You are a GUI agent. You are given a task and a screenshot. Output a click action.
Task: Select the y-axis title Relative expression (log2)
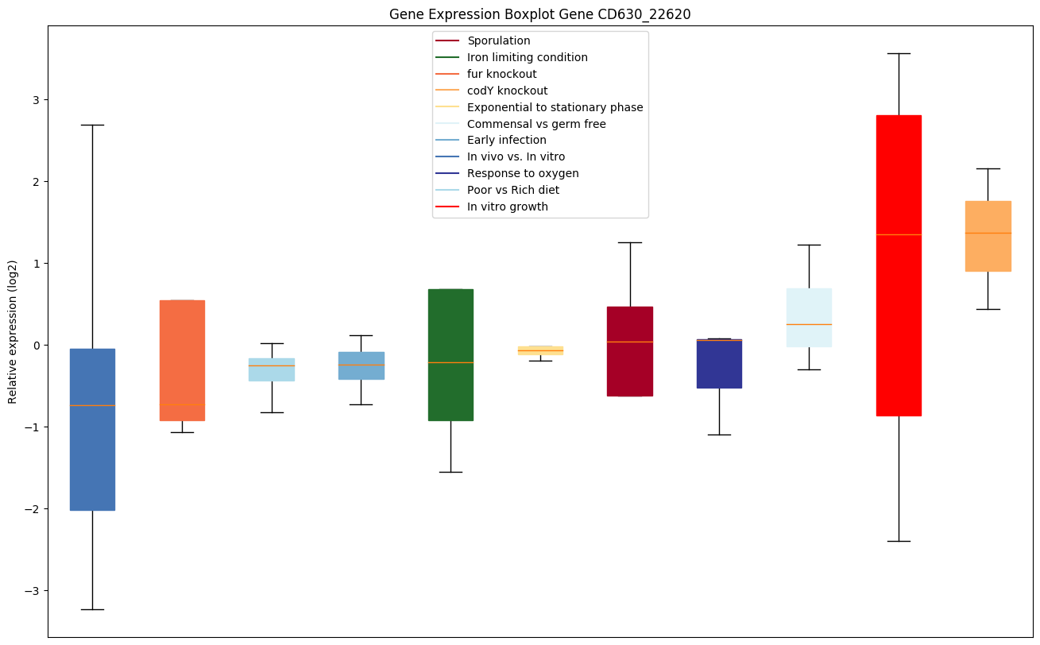click(12, 331)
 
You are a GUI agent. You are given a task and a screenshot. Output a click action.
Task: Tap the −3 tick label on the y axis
click(34, 591)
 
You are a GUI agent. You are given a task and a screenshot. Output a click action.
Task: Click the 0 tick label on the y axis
click(37, 346)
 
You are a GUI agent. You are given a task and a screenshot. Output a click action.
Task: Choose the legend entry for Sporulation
click(498, 41)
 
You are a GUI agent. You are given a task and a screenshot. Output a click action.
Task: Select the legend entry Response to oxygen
click(523, 173)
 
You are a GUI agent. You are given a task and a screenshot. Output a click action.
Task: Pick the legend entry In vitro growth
click(507, 207)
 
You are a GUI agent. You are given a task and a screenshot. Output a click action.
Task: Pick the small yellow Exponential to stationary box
click(540, 350)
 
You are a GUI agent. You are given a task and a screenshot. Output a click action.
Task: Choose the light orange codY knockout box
click(988, 254)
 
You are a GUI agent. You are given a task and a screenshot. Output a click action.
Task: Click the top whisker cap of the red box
click(899, 53)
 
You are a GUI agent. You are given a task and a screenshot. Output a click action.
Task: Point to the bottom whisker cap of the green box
click(450, 472)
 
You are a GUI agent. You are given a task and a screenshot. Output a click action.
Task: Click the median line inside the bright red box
click(899, 234)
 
